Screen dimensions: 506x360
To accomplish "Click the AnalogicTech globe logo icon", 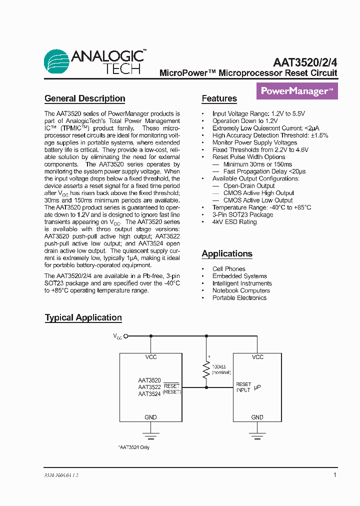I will (56, 62).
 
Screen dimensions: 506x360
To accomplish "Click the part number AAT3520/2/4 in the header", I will (305, 62).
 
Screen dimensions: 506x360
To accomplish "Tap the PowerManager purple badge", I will (297, 91).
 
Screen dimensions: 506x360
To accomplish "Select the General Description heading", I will (84, 98).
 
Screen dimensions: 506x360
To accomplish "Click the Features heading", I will (219, 98).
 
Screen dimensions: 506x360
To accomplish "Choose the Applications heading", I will (226, 253).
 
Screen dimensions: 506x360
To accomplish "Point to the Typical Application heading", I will (83, 317).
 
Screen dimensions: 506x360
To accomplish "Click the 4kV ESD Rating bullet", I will (234, 222).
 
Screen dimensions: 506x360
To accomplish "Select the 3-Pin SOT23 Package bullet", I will (242, 214).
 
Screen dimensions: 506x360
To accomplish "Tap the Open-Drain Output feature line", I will (249, 186).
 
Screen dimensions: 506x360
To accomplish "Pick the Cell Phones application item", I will (228, 269).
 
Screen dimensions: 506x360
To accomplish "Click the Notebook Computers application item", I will (241, 290).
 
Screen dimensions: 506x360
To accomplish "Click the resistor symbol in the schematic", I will (205, 370).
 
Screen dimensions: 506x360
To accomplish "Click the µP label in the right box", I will (257, 387).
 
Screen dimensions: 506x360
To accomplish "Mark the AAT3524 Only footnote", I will (134, 447).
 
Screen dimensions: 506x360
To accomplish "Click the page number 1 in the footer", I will (334, 475).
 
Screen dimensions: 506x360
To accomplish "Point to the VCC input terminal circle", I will (126, 336).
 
